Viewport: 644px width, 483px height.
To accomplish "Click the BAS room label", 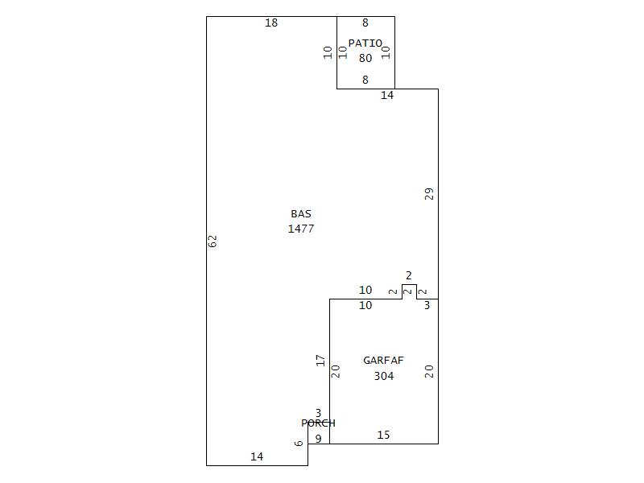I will point(301,214).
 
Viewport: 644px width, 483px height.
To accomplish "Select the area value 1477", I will point(301,229).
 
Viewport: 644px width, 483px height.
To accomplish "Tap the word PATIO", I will point(365,43).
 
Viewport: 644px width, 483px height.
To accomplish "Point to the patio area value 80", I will point(365,58).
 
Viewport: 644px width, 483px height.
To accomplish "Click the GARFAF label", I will point(383,361).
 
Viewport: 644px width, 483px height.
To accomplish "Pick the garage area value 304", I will point(384,376).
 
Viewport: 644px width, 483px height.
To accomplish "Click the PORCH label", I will point(318,423).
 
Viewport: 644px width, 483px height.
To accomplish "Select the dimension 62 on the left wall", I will point(213,241).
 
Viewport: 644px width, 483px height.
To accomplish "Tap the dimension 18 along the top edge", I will point(271,23).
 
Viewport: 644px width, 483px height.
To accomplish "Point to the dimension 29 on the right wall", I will point(430,194).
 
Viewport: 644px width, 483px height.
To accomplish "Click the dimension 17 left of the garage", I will point(320,361).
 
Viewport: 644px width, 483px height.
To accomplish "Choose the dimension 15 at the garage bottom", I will point(384,436).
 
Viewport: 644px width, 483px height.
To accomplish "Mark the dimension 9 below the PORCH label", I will point(318,439).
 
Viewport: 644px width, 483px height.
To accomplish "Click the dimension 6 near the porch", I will point(299,444).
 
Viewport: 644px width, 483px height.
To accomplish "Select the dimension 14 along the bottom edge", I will point(257,457).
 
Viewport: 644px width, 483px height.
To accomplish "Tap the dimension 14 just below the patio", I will point(387,96).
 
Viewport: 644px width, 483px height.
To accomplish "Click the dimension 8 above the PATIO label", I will point(365,23).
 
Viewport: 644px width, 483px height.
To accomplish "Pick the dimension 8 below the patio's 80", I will point(365,80).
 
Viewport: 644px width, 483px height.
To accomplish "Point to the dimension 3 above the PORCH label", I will point(318,414).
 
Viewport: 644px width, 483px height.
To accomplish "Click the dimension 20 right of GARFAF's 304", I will point(430,371).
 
